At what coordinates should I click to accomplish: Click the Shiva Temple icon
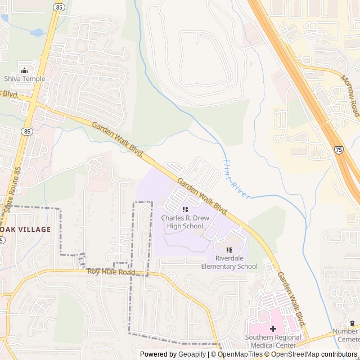pyautogui.click(x=24, y=70)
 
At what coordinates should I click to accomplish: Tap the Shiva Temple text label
pyautogui.click(x=24, y=79)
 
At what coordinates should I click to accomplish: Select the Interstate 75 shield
pyautogui.click(x=339, y=150)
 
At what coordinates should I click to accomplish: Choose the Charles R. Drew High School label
pyautogui.click(x=182, y=222)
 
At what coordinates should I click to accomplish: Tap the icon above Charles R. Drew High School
pyautogui.click(x=185, y=210)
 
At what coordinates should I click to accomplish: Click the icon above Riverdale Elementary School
pyautogui.click(x=229, y=250)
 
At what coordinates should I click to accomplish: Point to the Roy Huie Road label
pyautogui.click(x=111, y=272)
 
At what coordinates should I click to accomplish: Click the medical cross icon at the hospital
pyautogui.click(x=273, y=328)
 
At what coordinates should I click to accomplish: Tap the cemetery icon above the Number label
pyautogui.click(x=353, y=323)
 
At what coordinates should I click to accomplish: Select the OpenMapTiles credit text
pyautogui.click(x=240, y=354)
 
